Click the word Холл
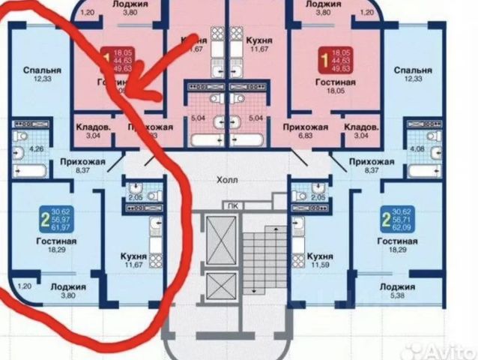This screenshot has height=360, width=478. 226,180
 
